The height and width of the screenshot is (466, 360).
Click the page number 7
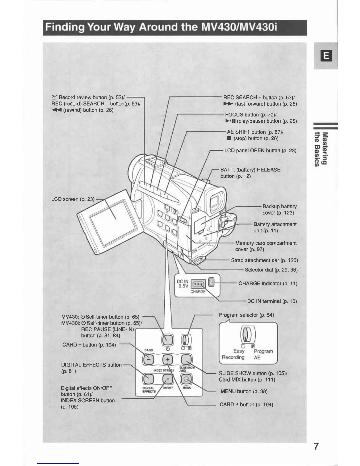(x=316, y=447)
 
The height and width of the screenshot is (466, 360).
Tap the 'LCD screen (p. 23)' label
(x=73, y=199)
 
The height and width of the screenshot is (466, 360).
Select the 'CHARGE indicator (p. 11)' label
(x=268, y=284)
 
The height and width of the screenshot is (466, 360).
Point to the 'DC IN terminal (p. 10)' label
(x=272, y=301)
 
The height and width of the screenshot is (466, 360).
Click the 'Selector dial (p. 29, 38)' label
(x=271, y=270)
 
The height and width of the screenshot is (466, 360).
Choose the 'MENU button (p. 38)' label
(x=244, y=391)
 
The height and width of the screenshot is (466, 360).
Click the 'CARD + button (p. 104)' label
(x=246, y=405)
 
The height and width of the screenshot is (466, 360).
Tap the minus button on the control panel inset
(x=148, y=360)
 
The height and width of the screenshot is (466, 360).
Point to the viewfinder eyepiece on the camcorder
(x=216, y=201)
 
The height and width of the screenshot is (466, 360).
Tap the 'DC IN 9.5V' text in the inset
(x=182, y=284)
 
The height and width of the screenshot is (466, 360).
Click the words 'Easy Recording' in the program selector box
(x=234, y=354)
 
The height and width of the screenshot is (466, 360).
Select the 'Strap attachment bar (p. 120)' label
(x=264, y=260)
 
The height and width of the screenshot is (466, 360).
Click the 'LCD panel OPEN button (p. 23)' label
(x=260, y=151)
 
